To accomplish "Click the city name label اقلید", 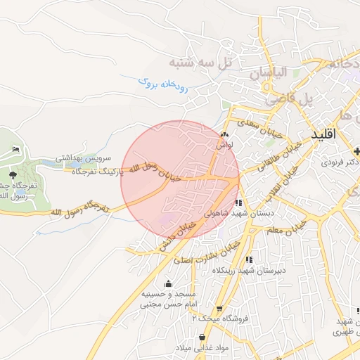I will click(323, 133).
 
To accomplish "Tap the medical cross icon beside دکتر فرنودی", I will click(357, 152).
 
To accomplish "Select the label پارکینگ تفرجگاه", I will click(94, 172).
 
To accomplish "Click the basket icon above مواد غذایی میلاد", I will click(203, 338).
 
